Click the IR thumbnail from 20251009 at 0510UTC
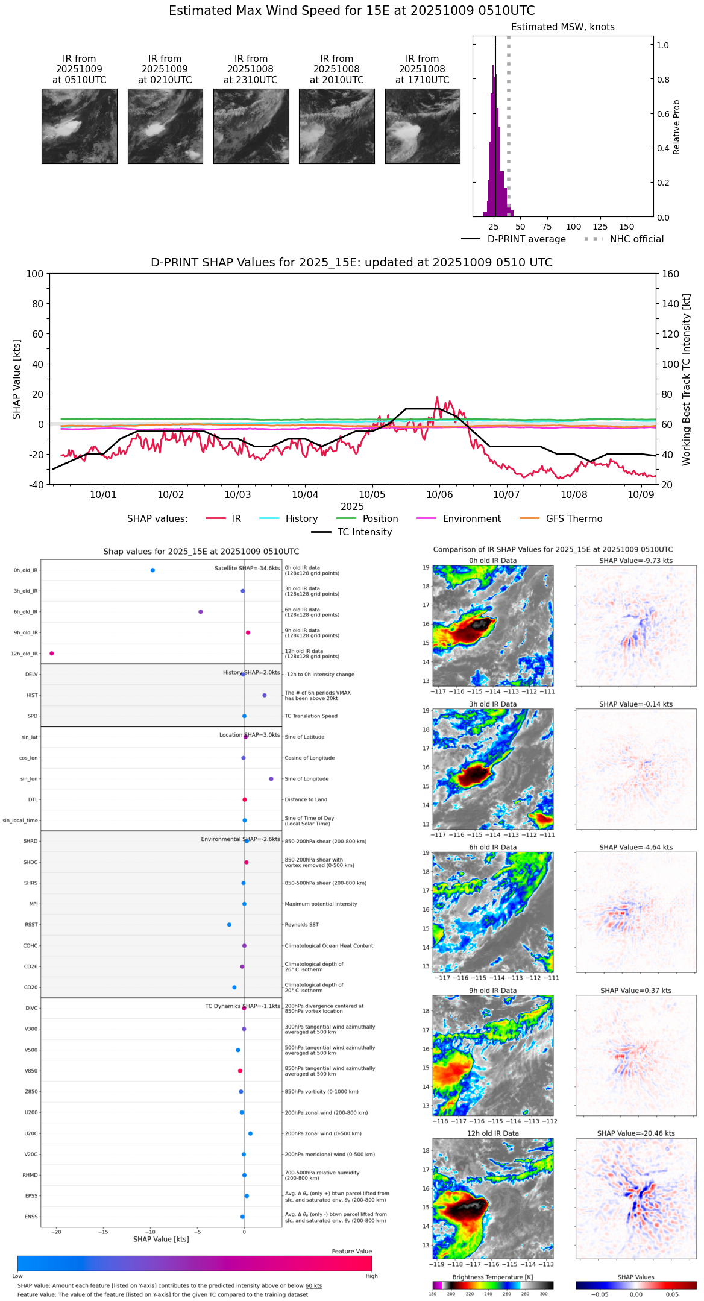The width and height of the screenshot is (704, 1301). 79,126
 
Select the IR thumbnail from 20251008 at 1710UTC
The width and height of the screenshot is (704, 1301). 423,126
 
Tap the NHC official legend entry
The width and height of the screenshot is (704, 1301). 636,239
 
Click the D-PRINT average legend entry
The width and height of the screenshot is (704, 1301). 526,239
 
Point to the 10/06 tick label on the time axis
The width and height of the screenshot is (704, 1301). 439,495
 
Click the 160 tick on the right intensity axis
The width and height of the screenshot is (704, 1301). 670,274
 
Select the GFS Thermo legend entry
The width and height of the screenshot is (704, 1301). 574,519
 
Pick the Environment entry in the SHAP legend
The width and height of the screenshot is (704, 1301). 471,519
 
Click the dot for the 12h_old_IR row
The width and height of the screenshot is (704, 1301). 52,654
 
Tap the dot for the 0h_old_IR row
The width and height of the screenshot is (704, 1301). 152,570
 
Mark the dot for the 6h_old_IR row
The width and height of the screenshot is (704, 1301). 201,612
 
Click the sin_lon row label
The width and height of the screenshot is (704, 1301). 29,779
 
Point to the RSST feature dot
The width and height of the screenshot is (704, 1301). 229,925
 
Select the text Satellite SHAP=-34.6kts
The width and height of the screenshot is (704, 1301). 247,569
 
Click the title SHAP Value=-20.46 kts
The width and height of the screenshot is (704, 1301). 636,1133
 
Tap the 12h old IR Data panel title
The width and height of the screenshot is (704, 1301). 492,1133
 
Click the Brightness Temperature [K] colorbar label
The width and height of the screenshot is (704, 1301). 492,1277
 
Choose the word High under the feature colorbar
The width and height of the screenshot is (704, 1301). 371,1276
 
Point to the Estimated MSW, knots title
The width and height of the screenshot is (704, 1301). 562,27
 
